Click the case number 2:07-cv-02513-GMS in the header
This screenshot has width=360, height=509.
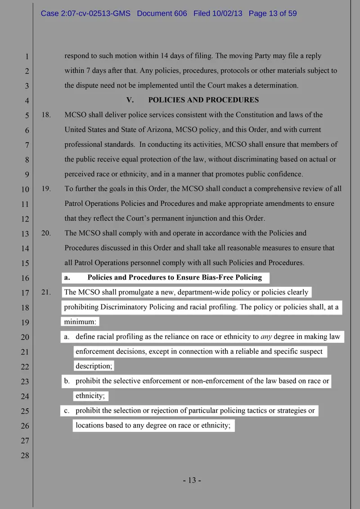(x=85, y=13)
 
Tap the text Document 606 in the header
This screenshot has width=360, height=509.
(x=162, y=13)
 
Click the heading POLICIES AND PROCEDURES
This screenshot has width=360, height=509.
(x=203, y=100)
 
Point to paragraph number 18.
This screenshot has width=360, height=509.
(x=46, y=115)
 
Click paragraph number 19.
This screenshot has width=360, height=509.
(x=46, y=189)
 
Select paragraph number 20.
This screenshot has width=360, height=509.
(x=46, y=233)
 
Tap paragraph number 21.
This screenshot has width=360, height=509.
(x=46, y=292)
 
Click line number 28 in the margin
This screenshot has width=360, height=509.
(x=25, y=455)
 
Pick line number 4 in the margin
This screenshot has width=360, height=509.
(x=27, y=101)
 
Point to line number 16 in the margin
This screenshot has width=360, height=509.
(x=25, y=278)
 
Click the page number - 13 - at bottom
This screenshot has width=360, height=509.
(x=192, y=480)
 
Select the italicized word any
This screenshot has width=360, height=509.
(x=266, y=337)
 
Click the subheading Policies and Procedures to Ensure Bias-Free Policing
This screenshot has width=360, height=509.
(x=175, y=277)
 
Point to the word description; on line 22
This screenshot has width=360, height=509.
(x=94, y=366)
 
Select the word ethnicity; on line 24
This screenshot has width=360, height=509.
(x=90, y=396)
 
